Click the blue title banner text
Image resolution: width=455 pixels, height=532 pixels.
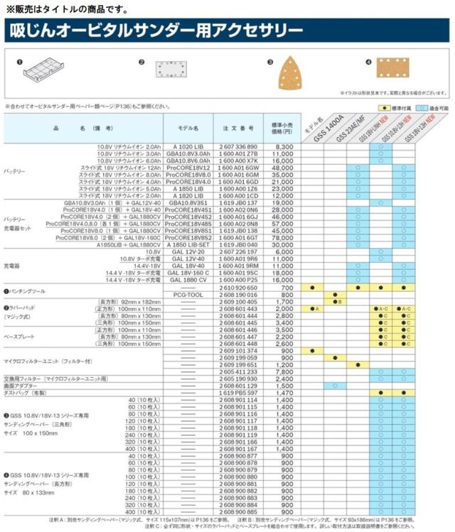coord(154,31)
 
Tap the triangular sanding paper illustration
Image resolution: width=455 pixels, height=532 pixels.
coord(294,74)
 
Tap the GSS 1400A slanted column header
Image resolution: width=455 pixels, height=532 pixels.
coord(330,126)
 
